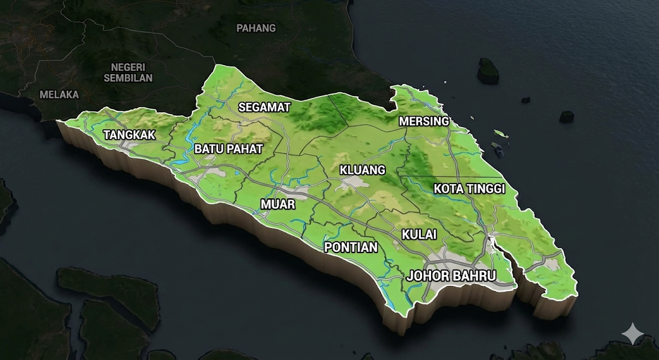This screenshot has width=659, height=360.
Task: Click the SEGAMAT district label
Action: coord(265,108)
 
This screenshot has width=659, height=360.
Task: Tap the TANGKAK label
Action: coord(129,135)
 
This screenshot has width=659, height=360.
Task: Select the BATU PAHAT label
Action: coord(228,149)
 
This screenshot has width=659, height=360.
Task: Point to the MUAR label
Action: coord(277,204)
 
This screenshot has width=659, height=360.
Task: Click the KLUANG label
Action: coord(362,170)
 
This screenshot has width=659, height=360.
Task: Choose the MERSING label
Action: coord(423,121)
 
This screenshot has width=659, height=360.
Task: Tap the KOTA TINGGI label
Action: coord(469,189)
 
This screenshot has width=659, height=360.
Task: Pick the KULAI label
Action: coord(419,234)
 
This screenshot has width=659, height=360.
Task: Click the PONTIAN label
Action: coord(351,247)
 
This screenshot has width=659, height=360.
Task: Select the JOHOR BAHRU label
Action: coord(451,276)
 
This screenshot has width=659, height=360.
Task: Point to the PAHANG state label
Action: coord(255,28)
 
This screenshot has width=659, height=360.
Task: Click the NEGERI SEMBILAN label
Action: coord(128,72)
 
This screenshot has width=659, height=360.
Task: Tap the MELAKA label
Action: coord(59,94)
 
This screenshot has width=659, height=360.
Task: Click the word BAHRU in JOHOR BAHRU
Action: coord(474,276)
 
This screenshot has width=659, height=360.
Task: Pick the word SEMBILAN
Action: coord(128,78)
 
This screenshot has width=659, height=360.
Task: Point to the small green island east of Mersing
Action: coord(501,133)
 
